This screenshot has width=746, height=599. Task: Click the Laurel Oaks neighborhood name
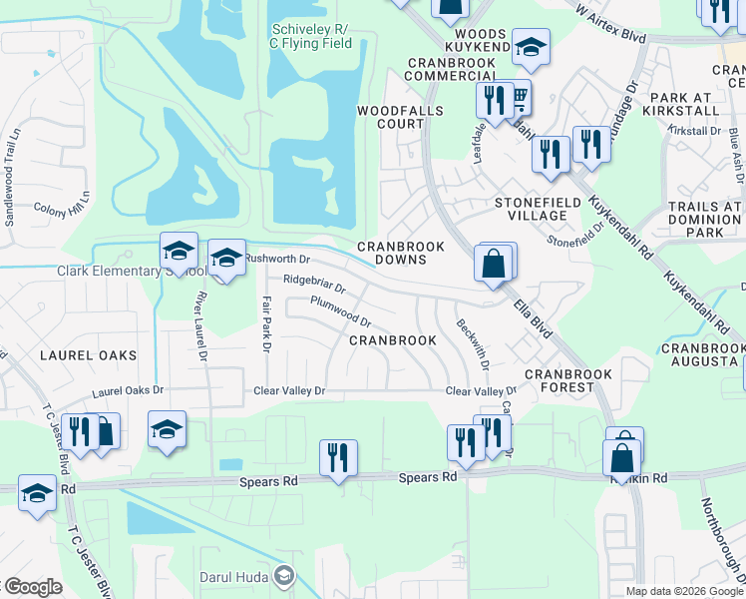pyautogui.click(x=88, y=355)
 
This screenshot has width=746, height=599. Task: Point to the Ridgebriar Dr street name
pyautogui.click(x=314, y=285)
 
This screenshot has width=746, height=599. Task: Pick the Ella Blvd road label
pyautogui.click(x=533, y=318)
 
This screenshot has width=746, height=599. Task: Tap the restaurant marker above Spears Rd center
pyautogui.click(x=338, y=458)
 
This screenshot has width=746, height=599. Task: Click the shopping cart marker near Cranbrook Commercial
pyautogui.click(x=519, y=97)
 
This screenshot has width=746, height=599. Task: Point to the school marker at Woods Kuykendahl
pyautogui.click(x=531, y=46)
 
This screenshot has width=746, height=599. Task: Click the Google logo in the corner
pyautogui.click(x=32, y=587)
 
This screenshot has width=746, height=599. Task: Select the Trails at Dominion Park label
pyautogui.click(x=705, y=219)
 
